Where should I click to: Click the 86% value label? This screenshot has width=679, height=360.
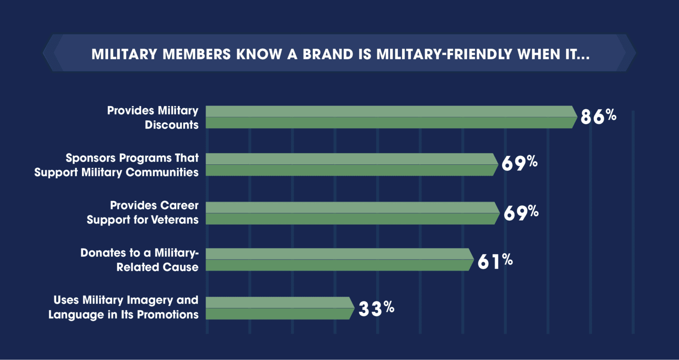coord(598,117)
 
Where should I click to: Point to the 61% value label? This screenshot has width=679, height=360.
coord(495,261)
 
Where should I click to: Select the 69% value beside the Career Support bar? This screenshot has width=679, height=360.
coord(520,213)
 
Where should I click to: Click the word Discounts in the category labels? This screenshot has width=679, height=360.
coord(172,125)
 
